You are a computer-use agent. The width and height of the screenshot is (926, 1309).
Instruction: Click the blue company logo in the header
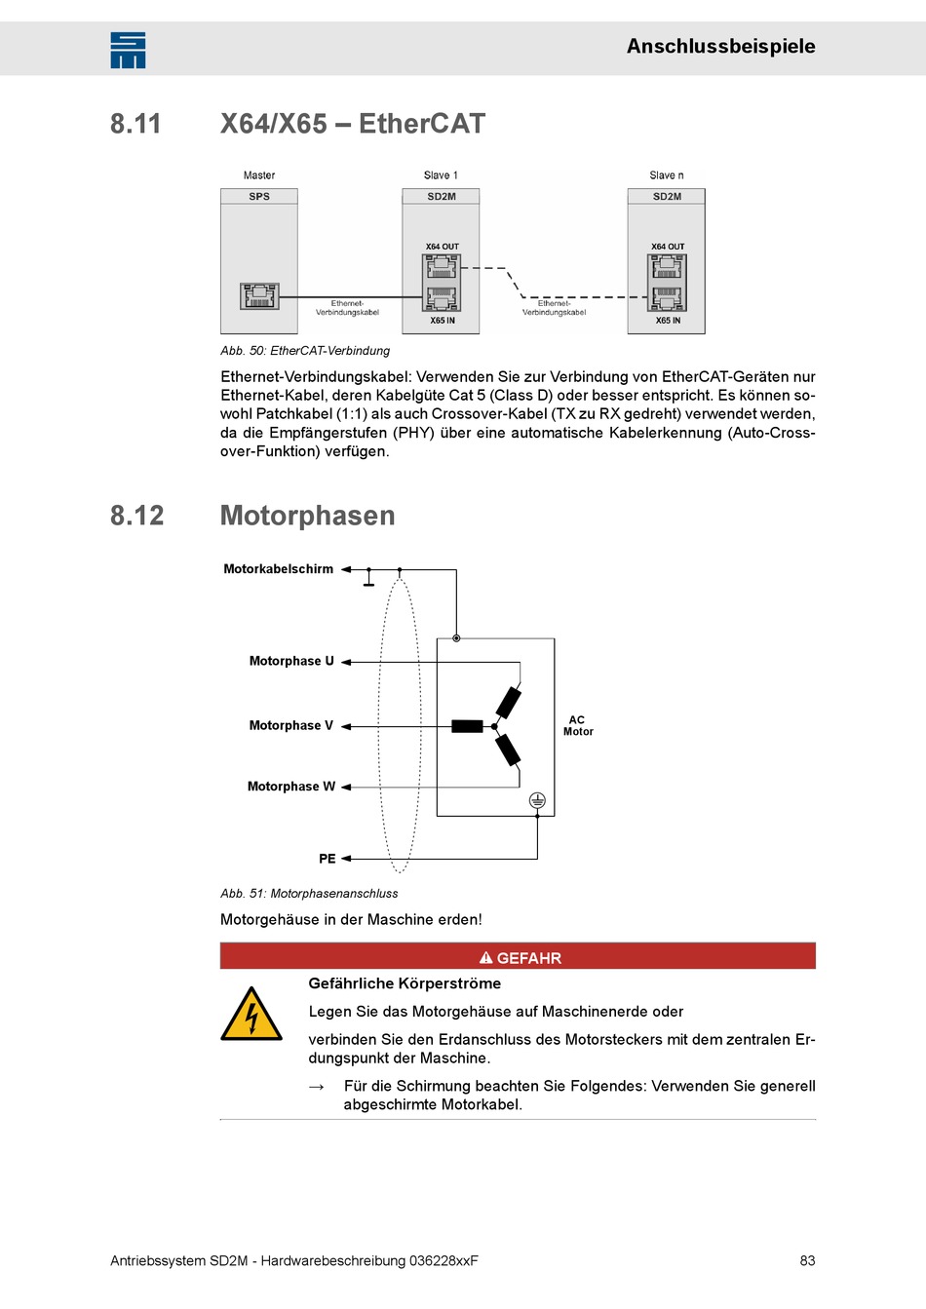[128, 50]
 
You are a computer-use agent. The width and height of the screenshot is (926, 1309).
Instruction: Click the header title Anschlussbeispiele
[720, 46]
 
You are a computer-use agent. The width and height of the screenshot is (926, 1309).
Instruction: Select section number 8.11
[135, 124]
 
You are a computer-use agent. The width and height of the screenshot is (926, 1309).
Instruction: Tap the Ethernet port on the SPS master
[259, 295]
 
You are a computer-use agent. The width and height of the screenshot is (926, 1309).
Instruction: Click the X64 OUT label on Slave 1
[442, 247]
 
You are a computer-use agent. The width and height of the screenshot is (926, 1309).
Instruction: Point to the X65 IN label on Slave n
[668, 321]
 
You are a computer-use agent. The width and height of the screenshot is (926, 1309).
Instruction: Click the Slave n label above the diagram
[667, 175]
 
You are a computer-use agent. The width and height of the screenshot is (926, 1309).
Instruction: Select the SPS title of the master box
[259, 196]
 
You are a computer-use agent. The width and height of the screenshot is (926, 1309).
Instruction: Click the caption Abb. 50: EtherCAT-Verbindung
[305, 351]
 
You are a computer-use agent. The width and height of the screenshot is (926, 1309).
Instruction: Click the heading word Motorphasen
[308, 516]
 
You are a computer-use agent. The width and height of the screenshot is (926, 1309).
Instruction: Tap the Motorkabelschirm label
[279, 569]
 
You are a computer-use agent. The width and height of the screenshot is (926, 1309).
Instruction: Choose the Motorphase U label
[291, 661]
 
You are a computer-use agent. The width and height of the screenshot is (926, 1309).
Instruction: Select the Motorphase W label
[291, 787]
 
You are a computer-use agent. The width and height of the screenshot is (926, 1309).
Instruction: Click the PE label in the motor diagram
[328, 859]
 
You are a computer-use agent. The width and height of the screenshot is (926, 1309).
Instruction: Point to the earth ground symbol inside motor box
[537, 800]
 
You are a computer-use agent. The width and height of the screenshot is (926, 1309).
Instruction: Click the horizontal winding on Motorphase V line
[467, 726]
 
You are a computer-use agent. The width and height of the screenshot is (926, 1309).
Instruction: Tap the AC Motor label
[578, 726]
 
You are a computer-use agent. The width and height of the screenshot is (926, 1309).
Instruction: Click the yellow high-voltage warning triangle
[251, 1015]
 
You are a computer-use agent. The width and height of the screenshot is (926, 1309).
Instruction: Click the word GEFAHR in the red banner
[528, 958]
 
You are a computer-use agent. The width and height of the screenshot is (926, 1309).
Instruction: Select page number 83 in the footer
[807, 1260]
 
